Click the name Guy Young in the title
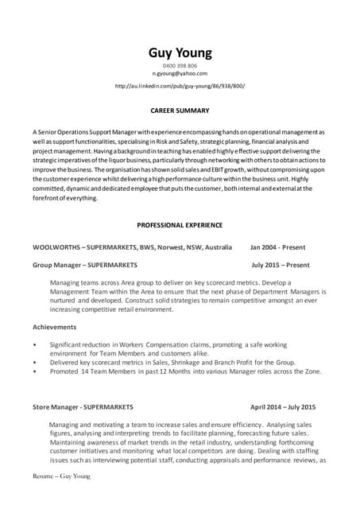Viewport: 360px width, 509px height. point(180,53)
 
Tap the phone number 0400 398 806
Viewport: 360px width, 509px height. point(180,65)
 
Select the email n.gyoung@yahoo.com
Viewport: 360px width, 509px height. point(180,73)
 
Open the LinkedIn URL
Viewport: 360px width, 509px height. point(180,85)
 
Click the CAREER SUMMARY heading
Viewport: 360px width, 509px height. point(180,111)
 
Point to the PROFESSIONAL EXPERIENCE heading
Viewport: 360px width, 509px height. point(180,225)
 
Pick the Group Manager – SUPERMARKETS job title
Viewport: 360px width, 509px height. point(84,265)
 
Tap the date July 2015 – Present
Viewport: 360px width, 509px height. point(281,265)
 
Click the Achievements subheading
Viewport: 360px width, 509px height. point(55,327)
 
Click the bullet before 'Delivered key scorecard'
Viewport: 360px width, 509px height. point(34,361)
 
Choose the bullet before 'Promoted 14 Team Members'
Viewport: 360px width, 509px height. point(34,371)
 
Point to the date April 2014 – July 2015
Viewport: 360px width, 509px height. point(283,406)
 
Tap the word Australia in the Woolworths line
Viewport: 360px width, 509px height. point(216,247)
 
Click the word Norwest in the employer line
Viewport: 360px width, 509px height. point(170,247)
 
